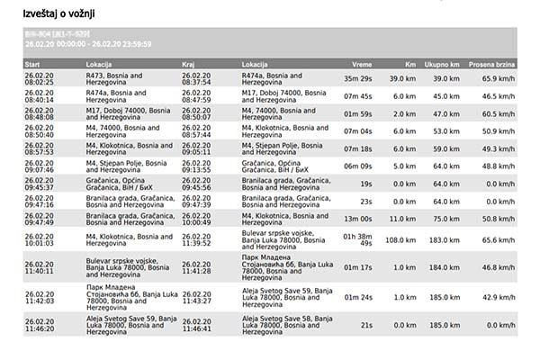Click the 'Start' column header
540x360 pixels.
32,65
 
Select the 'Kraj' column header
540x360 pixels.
189,65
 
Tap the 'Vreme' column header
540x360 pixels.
362,65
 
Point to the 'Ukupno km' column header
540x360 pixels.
443,65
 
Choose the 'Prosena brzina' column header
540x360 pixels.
493,65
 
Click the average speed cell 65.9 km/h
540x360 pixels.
499,79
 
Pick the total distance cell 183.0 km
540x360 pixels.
445,240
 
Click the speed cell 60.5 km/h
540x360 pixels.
499,114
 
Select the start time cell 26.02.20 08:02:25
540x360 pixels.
40,79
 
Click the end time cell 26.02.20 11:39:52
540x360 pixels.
197,240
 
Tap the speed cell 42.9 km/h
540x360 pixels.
499,297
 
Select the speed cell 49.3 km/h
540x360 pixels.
499,148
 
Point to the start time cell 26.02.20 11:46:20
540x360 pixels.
40,324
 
